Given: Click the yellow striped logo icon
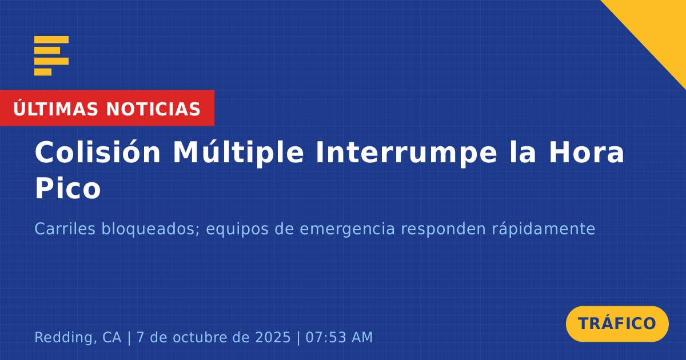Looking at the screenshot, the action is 51,55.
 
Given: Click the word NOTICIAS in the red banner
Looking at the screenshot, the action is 153,109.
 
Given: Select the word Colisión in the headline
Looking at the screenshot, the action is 97,152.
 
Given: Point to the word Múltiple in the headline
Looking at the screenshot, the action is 238,153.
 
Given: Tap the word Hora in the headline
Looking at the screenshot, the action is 586,153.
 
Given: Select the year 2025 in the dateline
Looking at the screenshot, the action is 273,337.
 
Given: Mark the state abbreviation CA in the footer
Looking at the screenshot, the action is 112,337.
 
